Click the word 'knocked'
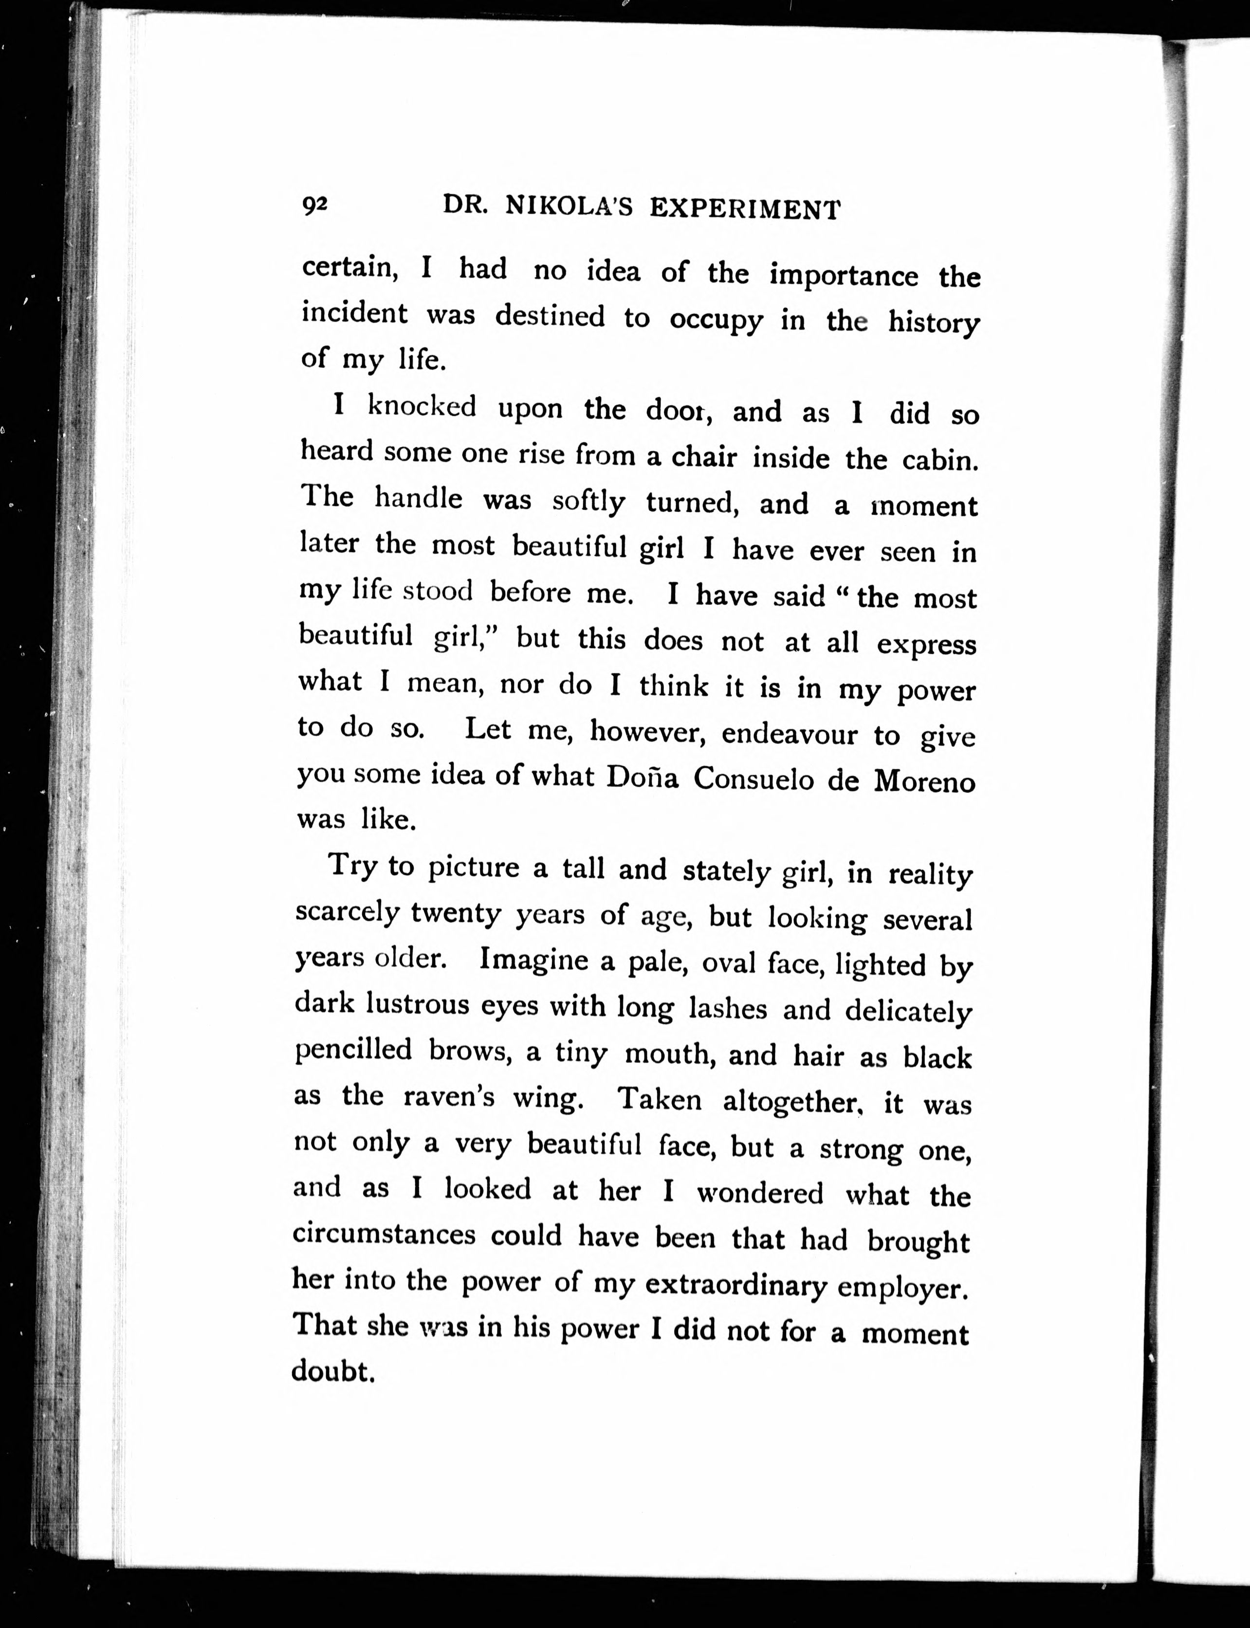click(423, 406)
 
